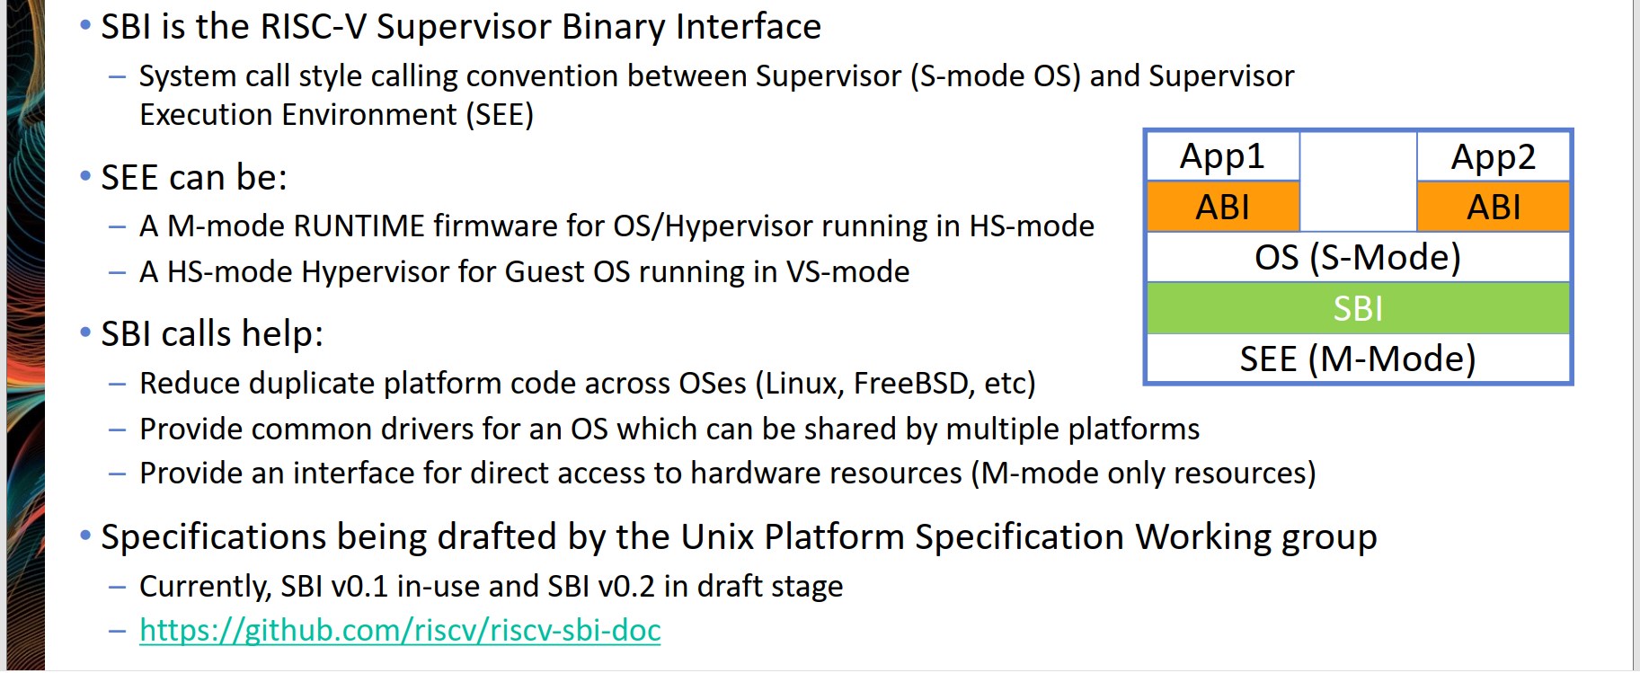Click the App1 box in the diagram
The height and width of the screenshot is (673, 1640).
(1223, 156)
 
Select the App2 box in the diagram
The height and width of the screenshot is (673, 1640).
(1494, 156)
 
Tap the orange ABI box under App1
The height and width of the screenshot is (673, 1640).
(1223, 207)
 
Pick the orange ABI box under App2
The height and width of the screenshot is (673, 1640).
(1494, 207)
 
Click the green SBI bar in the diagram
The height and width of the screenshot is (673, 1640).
(1358, 308)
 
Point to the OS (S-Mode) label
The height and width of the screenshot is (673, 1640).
(1358, 257)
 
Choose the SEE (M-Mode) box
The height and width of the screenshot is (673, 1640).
(1358, 359)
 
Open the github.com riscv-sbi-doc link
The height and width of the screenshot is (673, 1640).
(400, 630)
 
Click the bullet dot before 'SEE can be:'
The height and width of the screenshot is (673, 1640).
(85, 176)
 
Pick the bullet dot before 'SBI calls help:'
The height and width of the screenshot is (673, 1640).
(85, 332)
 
